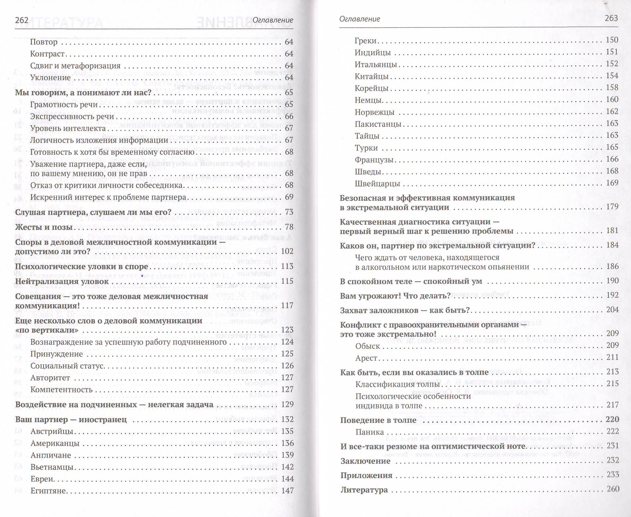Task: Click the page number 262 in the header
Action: pyautogui.click(x=22, y=20)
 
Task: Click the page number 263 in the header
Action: pyautogui.click(x=611, y=18)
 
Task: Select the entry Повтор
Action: pyautogui.click(x=43, y=42)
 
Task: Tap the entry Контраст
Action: pyautogui.click(x=47, y=54)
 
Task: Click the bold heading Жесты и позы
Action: pyautogui.click(x=43, y=227)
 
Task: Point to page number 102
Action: pyautogui.click(x=287, y=251)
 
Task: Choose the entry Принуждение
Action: pyautogui.click(x=56, y=354)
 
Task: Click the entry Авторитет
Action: pyautogui.click(x=50, y=378)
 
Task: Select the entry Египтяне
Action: pyautogui.click(x=48, y=491)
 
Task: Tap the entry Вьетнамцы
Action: pyautogui.click(x=52, y=467)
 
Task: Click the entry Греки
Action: pyautogui.click(x=366, y=41)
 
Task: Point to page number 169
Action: pyautogui.click(x=612, y=183)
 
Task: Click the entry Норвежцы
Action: pyautogui.click(x=374, y=112)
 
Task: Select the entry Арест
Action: pyautogui.click(x=366, y=358)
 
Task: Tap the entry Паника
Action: pyautogui.click(x=369, y=432)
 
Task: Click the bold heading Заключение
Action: pyautogui.click(x=365, y=461)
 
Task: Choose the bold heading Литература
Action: pyautogui.click(x=364, y=490)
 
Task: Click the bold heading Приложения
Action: pyautogui.click(x=366, y=475)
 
